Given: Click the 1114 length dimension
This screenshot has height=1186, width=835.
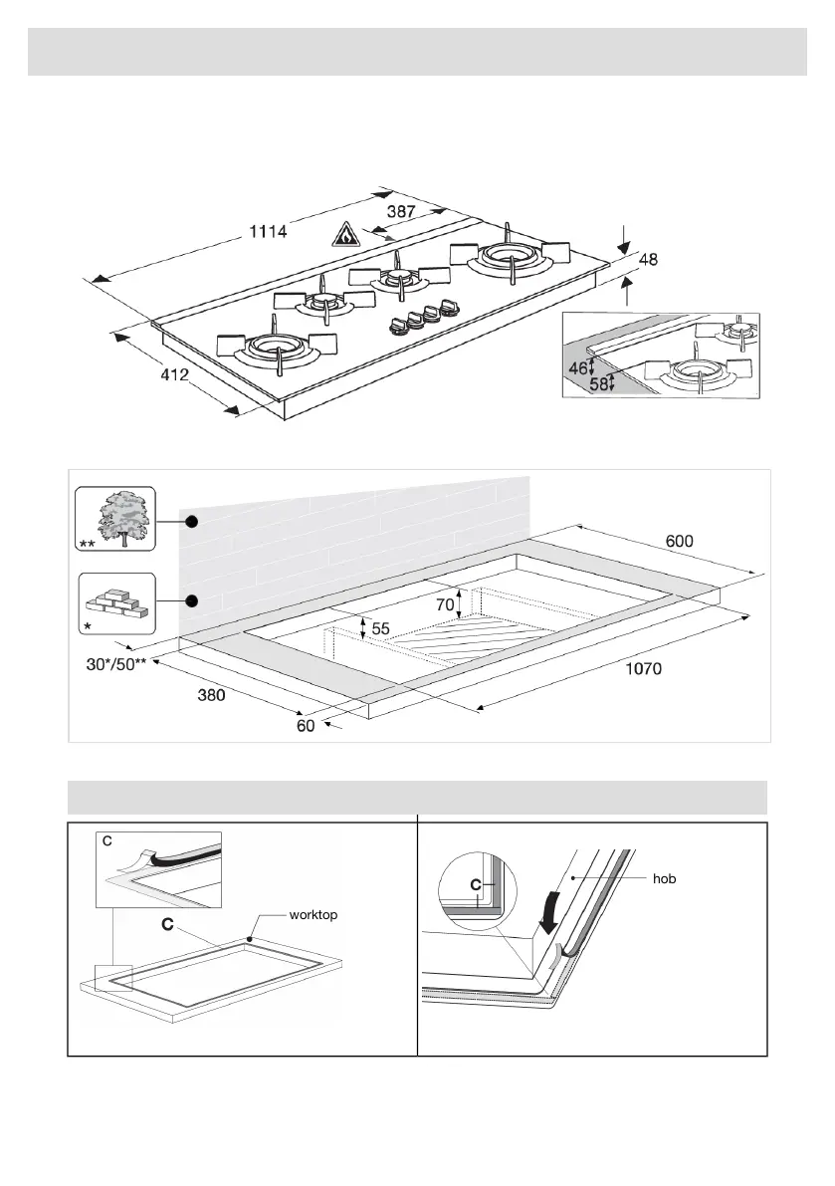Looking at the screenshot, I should pyautogui.click(x=269, y=231).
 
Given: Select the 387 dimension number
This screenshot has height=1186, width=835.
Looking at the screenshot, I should pyautogui.click(x=401, y=212).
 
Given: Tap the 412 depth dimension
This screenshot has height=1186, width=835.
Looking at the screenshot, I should pyautogui.click(x=176, y=378).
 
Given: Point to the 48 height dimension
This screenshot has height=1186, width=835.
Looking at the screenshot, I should pyautogui.click(x=649, y=260).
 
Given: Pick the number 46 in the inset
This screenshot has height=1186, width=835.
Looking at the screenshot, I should pyautogui.click(x=578, y=367).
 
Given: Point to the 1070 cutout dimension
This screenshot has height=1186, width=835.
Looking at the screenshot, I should pyautogui.click(x=643, y=669).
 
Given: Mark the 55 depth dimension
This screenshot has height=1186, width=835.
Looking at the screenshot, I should pyautogui.click(x=380, y=629).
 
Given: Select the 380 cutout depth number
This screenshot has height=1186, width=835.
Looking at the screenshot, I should pyautogui.click(x=212, y=696).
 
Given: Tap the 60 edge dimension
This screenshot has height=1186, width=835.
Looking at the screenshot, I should pyautogui.click(x=306, y=726).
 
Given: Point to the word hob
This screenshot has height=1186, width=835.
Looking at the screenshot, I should pyautogui.click(x=665, y=880).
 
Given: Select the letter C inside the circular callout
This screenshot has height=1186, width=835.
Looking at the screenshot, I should pyautogui.click(x=476, y=883).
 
